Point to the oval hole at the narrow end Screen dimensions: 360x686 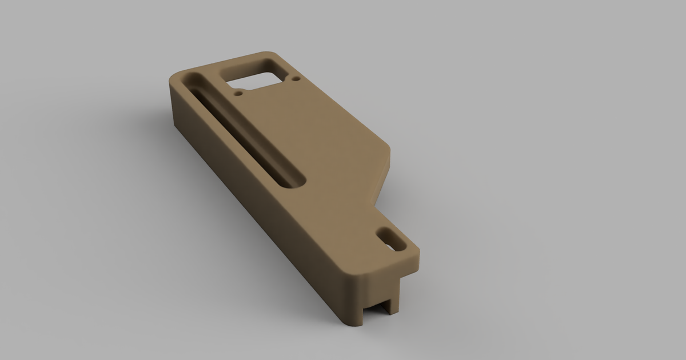point(392,238)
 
